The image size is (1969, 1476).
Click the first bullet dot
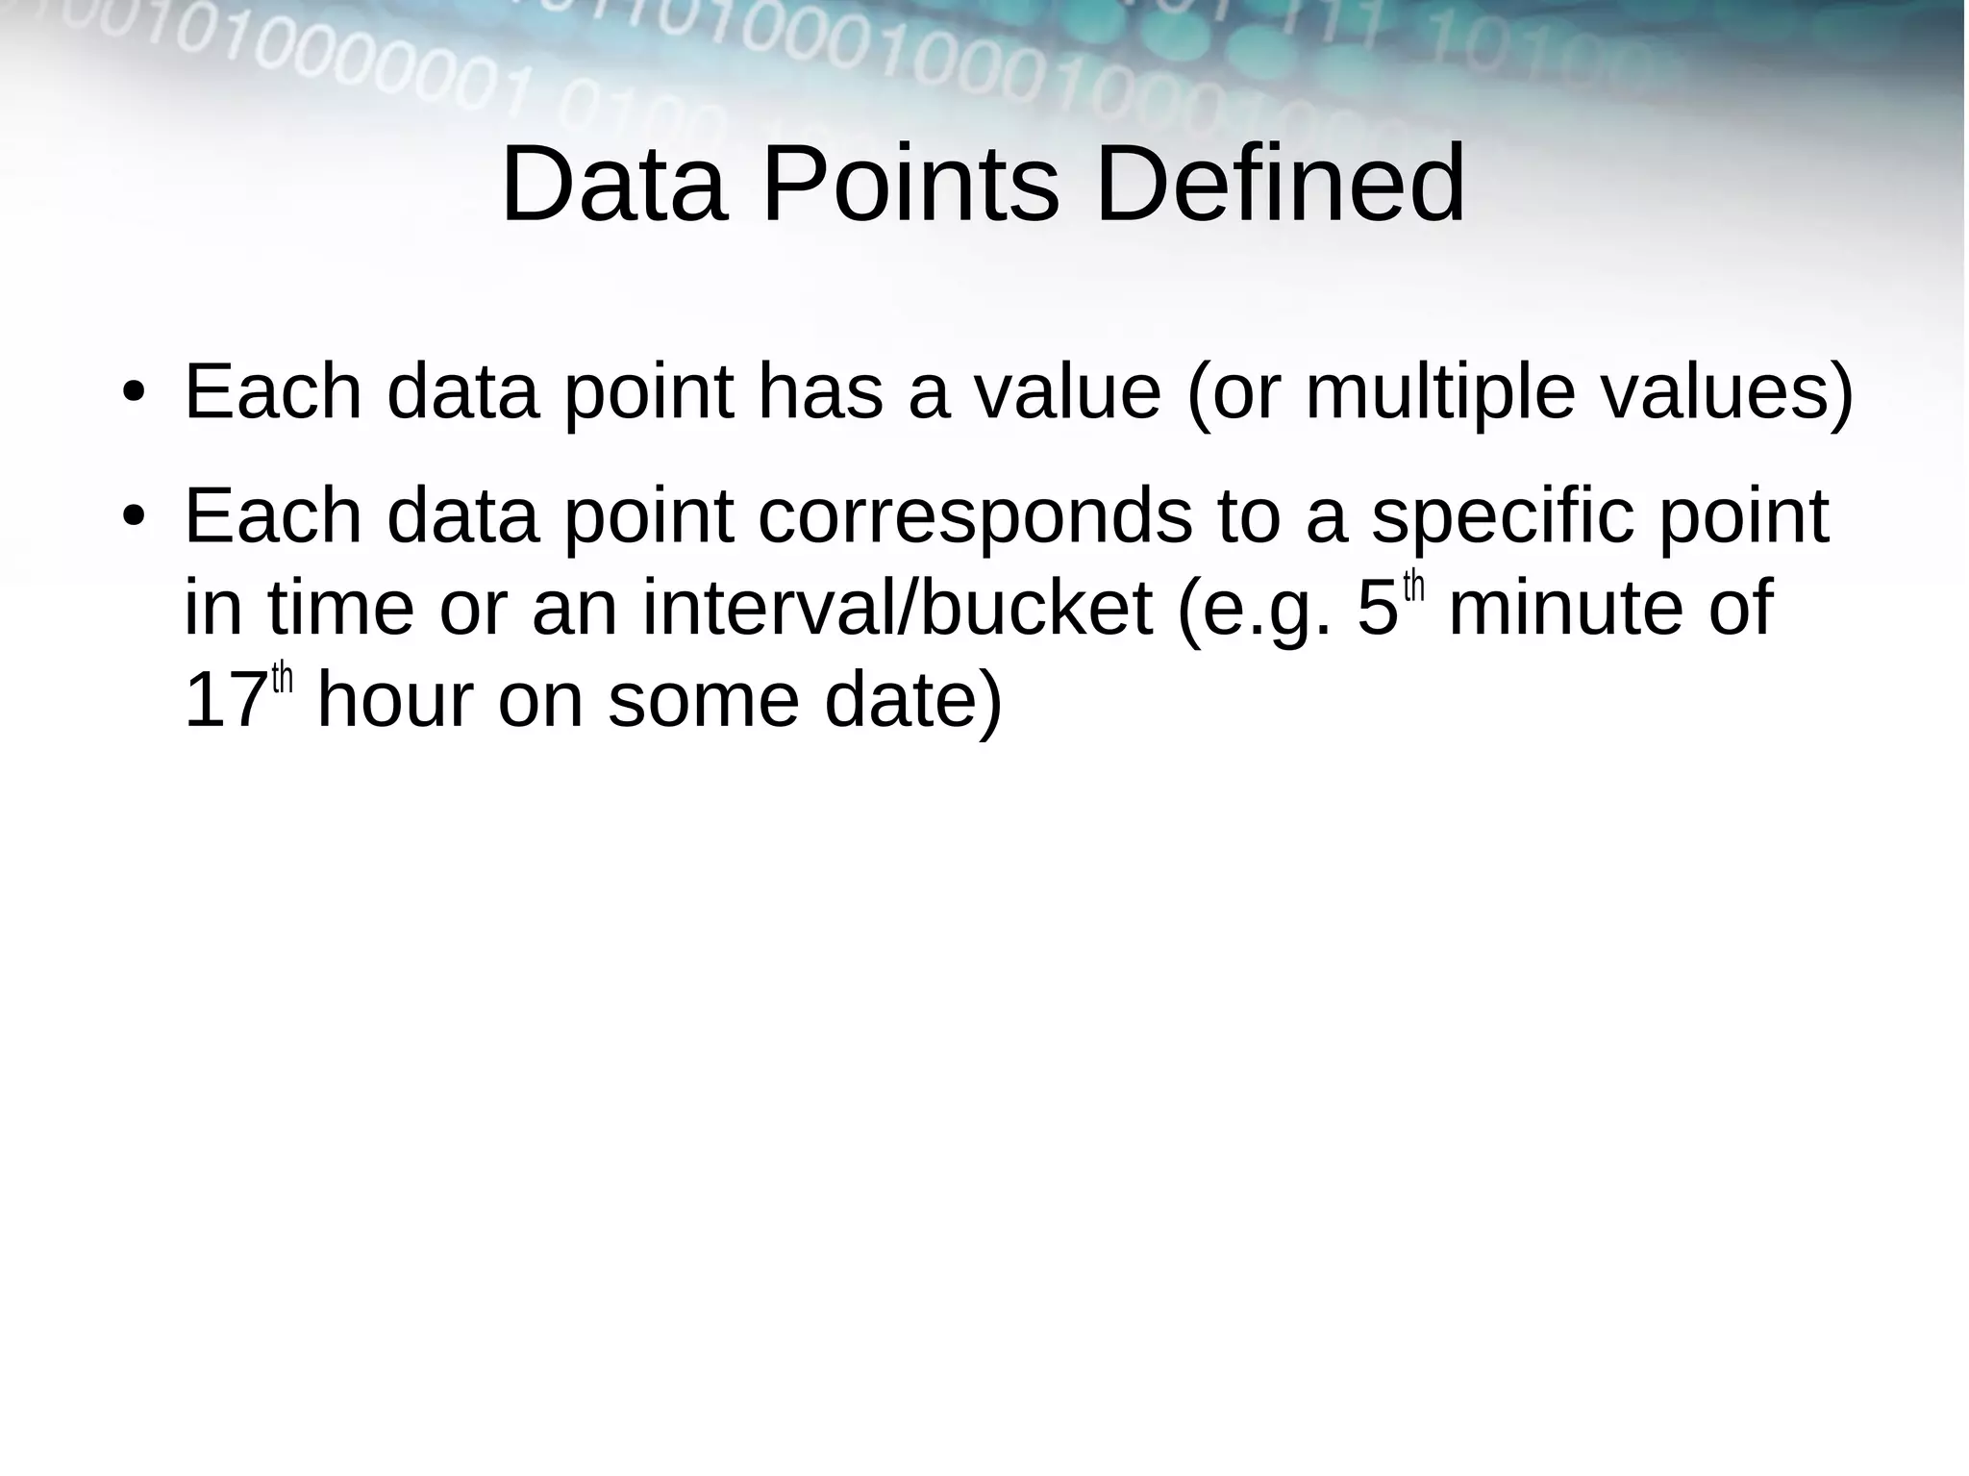pos(133,394)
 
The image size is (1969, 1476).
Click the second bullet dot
pos(133,516)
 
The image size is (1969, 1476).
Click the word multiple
pos(1439,394)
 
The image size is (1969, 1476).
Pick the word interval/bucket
pos(897,609)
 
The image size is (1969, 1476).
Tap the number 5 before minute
pos(1377,609)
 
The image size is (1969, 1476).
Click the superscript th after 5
pos(1413,587)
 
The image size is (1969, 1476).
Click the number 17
pos(225,701)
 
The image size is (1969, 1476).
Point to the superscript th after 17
pos(282,679)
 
